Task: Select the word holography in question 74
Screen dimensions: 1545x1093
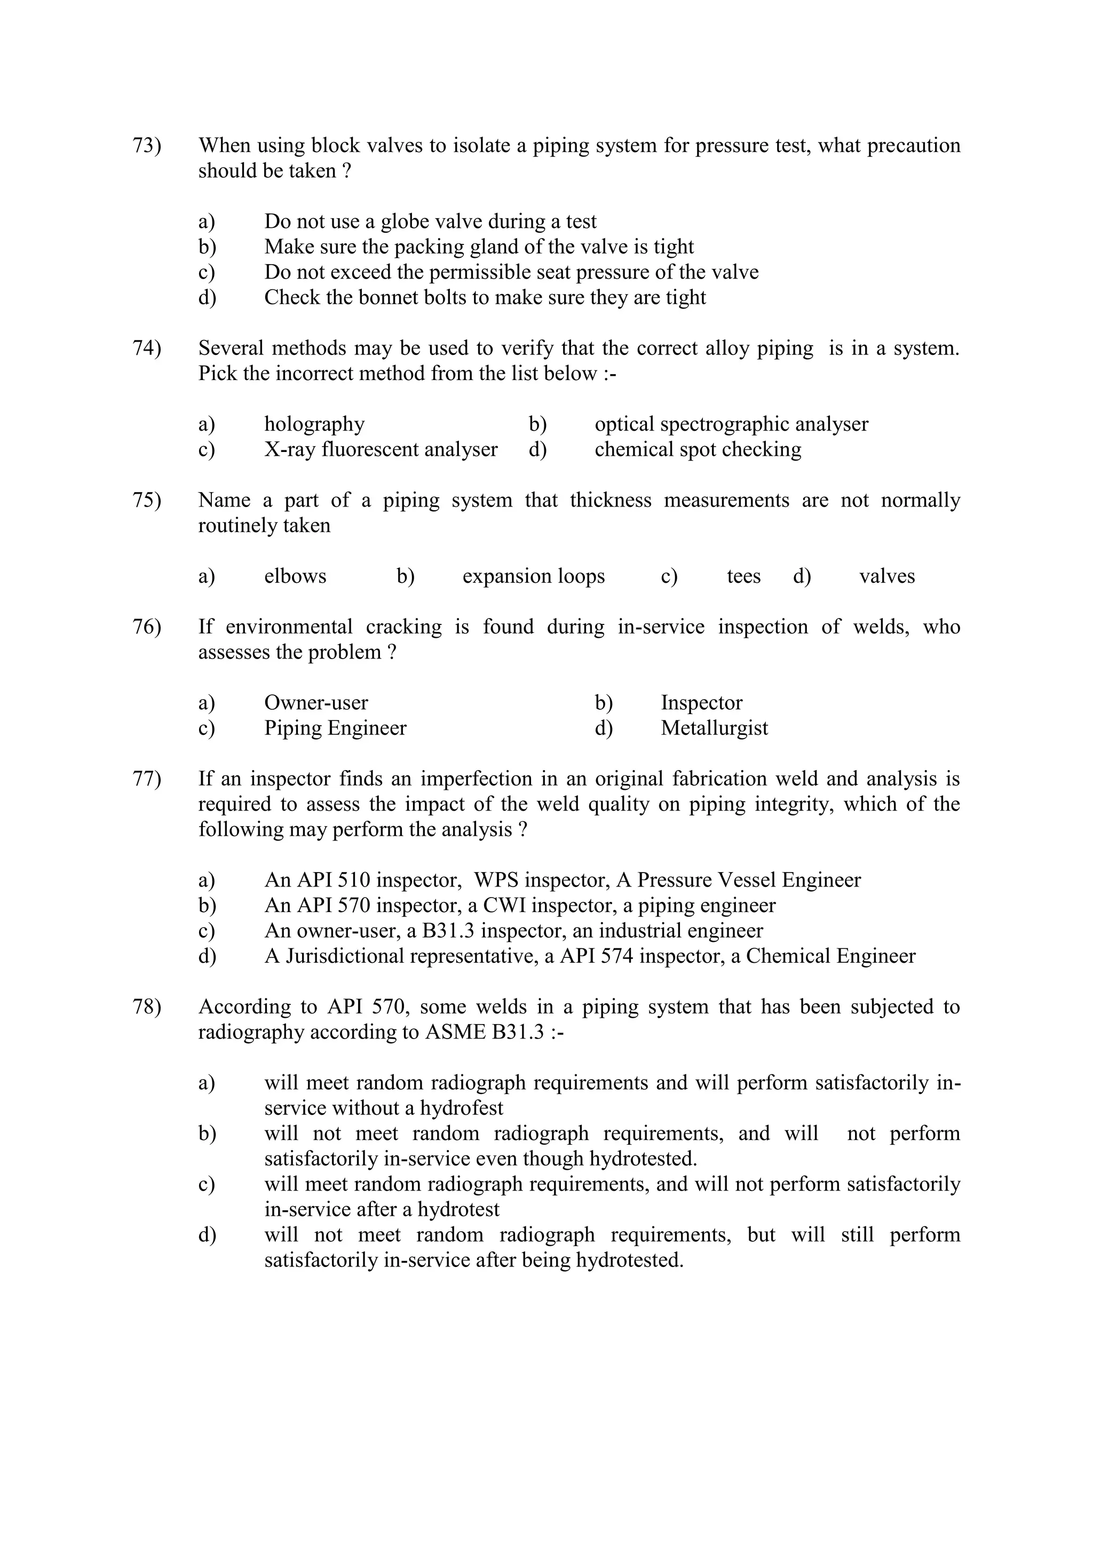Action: pos(314,425)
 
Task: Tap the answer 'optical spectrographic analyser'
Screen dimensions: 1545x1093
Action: pos(731,425)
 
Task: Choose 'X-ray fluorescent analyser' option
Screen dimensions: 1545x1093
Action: pos(381,449)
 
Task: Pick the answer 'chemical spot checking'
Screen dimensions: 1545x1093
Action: pos(698,449)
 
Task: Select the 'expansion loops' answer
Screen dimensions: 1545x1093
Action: pos(533,577)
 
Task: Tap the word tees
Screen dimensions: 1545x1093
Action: pos(743,577)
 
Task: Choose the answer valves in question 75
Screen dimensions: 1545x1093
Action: pos(886,577)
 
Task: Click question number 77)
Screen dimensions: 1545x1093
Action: pos(147,779)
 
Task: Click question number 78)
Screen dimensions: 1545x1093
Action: pos(147,1008)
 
